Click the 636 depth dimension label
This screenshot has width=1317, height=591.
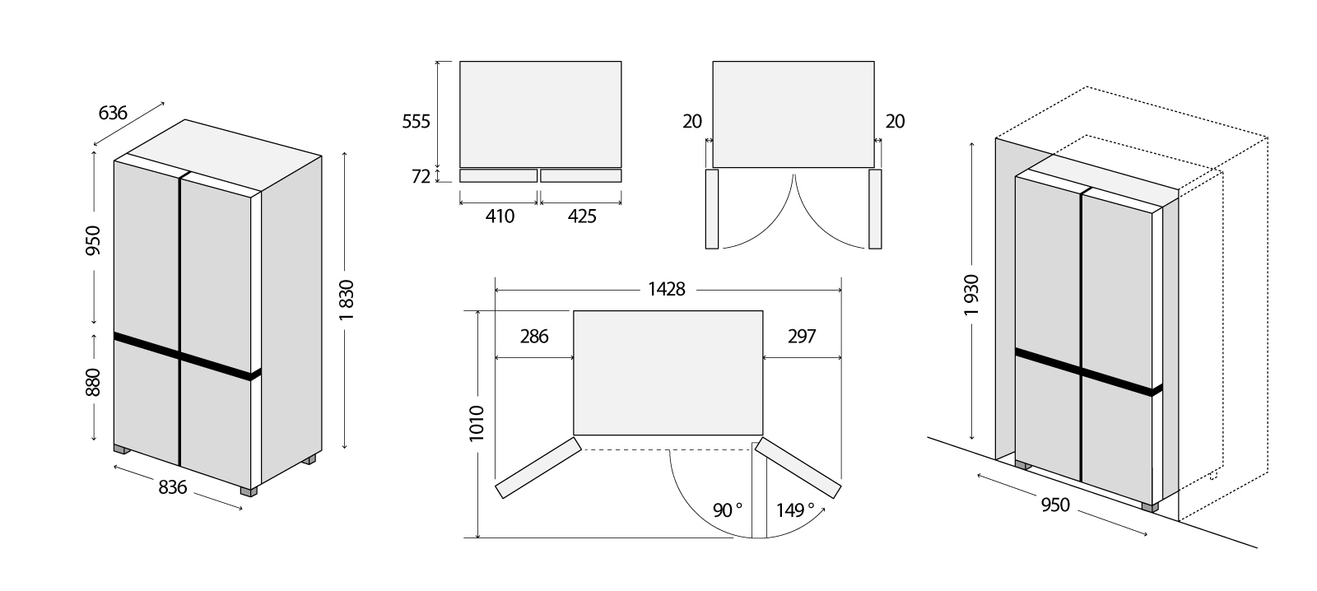(112, 112)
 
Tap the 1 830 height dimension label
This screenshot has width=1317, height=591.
(347, 300)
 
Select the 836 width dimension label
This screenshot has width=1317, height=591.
(172, 487)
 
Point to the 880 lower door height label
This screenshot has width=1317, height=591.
(94, 382)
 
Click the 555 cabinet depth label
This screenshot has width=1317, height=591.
(417, 121)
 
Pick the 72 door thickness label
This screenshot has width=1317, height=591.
(421, 176)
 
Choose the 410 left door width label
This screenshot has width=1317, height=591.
(500, 216)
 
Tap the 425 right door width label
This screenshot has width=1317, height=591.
(582, 216)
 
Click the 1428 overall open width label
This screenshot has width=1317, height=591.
(667, 289)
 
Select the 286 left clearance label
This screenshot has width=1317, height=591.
(534, 337)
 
